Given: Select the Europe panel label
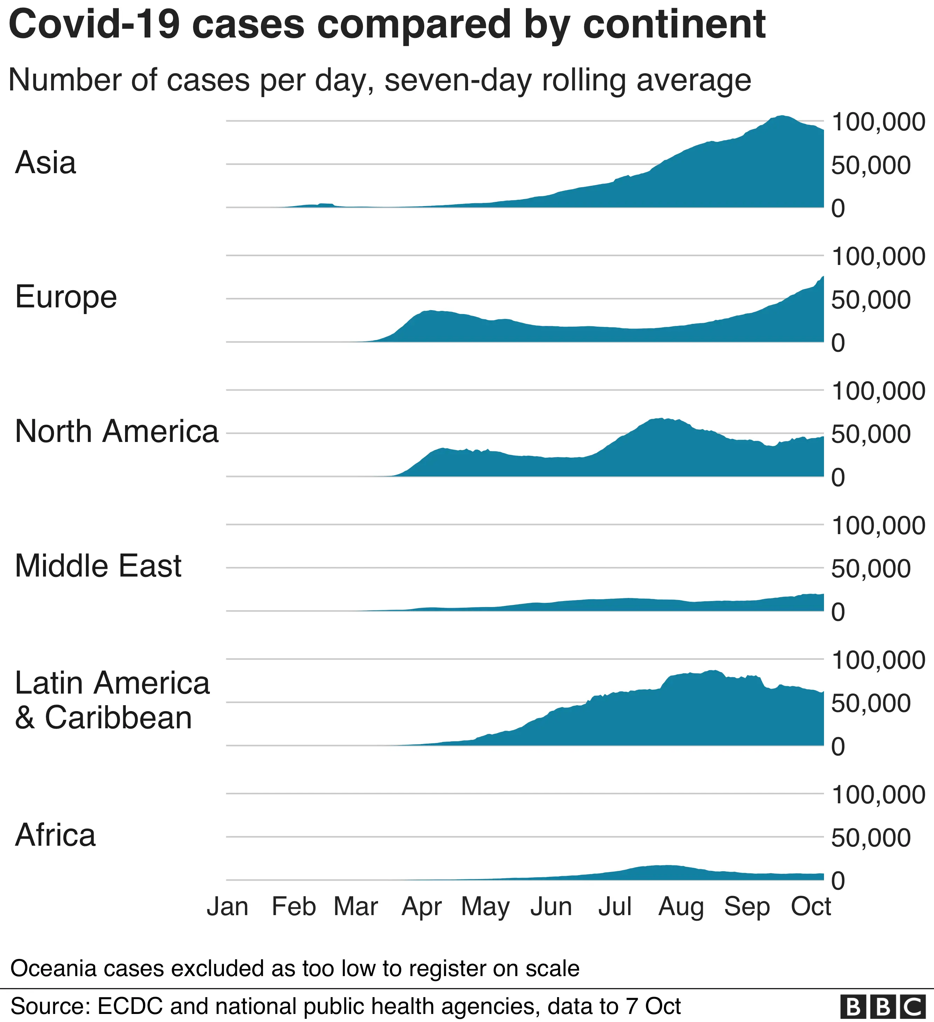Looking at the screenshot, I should pyautogui.click(x=66, y=297).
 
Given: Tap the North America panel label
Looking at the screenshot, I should pyautogui.click(x=117, y=431).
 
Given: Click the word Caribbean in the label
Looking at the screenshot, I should pyautogui.click(x=118, y=718).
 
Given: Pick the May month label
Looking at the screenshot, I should pyautogui.click(x=485, y=907).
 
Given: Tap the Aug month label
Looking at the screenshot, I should pyautogui.click(x=681, y=907).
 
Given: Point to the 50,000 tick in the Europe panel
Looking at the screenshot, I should pyautogui.click(x=871, y=300).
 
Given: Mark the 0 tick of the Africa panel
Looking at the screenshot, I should pyautogui.click(x=838, y=881).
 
